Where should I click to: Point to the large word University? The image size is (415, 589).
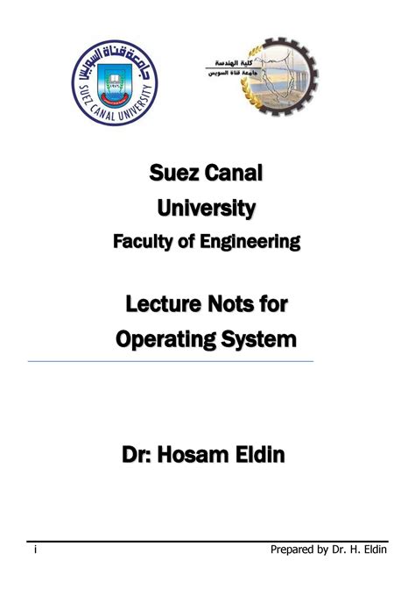pos(207,209)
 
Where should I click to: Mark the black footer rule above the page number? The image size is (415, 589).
pos(207,542)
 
